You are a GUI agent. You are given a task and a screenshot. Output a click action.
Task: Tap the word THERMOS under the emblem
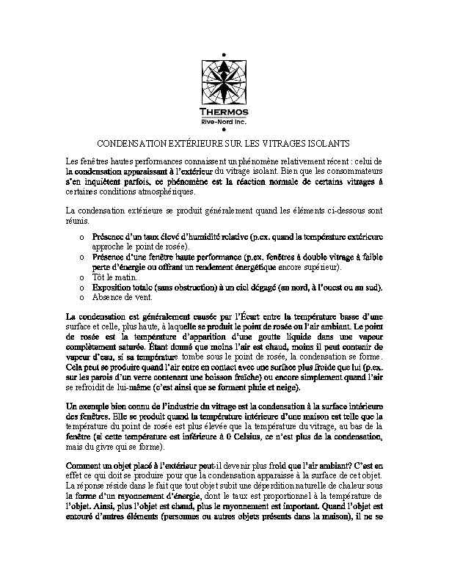click(x=224, y=112)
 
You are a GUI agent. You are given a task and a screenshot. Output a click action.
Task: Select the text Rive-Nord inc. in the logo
click(x=224, y=120)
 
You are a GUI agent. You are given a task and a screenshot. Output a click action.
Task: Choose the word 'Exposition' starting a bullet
click(x=113, y=288)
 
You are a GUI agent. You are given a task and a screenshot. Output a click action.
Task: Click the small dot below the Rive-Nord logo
click(x=224, y=130)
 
